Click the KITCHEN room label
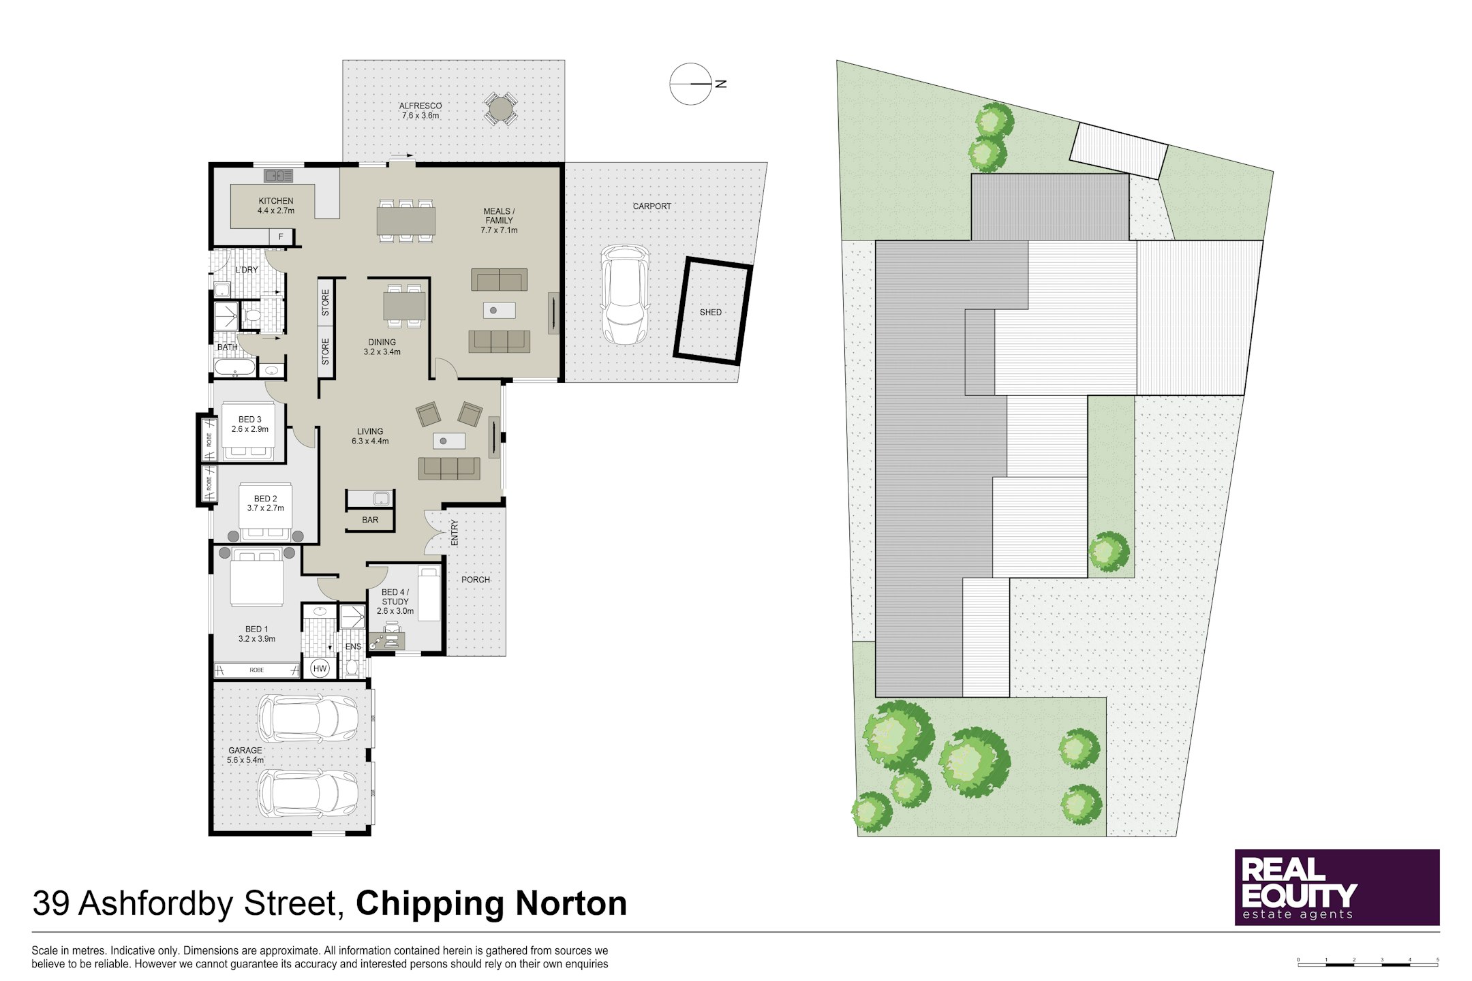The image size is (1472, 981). click(x=276, y=201)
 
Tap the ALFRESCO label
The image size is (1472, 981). click(x=420, y=106)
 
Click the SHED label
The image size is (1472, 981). click(x=711, y=312)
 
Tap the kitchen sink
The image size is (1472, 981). click(x=279, y=176)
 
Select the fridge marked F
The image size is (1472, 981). click(x=281, y=237)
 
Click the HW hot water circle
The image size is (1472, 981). click(x=320, y=668)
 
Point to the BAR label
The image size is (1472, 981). click(x=370, y=520)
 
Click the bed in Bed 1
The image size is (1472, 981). click(x=257, y=577)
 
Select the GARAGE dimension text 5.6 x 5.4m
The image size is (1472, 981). click(x=245, y=760)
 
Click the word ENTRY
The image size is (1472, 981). click(x=455, y=532)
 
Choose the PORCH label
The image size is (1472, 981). click(x=476, y=580)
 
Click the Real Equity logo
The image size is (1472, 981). click(x=1337, y=887)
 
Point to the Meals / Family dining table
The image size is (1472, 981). click(x=406, y=221)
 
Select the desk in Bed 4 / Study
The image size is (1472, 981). click(x=386, y=640)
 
